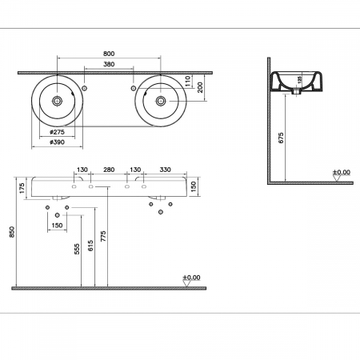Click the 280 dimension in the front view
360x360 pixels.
(x=109, y=170)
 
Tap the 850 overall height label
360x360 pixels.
(x=10, y=232)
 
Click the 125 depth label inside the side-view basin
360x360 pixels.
(x=300, y=80)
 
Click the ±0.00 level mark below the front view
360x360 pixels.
(x=192, y=278)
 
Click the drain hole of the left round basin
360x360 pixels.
(x=58, y=102)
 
